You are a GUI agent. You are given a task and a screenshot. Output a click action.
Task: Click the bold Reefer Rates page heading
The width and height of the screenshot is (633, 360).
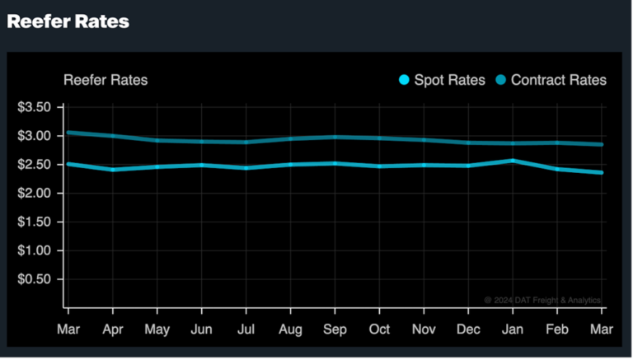[68, 22]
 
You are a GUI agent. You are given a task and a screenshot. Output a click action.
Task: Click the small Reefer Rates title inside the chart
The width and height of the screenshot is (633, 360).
[105, 80]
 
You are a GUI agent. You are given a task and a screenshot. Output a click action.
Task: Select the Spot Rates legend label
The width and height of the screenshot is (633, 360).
[448, 80]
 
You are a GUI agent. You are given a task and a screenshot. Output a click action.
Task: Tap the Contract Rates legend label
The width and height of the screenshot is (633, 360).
[558, 80]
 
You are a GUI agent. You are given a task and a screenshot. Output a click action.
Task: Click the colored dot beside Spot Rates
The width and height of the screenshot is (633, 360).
[404, 80]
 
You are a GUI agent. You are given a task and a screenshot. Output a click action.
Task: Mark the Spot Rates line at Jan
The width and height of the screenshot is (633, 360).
[513, 161]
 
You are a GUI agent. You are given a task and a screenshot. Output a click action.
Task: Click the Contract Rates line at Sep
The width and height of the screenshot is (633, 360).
[334, 138]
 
